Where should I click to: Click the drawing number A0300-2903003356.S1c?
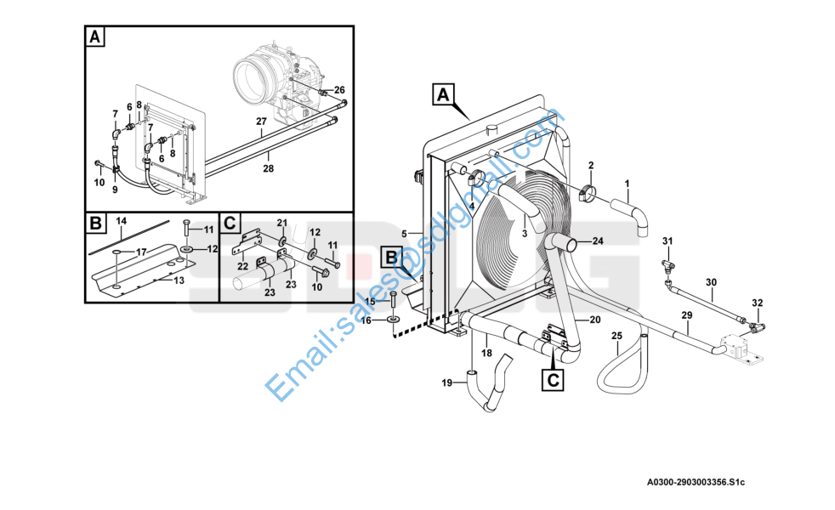(x=696, y=482)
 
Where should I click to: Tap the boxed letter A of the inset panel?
(x=94, y=37)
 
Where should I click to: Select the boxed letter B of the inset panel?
(x=95, y=223)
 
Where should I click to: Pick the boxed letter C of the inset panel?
(x=230, y=223)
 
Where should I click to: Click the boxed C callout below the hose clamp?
(x=553, y=380)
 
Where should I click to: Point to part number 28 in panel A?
(x=269, y=168)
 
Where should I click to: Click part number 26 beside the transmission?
(x=339, y=90)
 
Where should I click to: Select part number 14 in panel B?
(x=122, y=221)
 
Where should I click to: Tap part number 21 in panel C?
(x=281, y=223)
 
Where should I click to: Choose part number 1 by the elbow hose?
(x=627, y=184)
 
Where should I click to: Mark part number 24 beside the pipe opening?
(x=598, y=241)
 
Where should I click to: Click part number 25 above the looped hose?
(x=616, y=336)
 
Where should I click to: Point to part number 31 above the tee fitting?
(x=667, y=241)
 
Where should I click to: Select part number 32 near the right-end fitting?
(x=758, y=303)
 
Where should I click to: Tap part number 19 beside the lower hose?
(x=446, y=382)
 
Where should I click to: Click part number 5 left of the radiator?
(x=404, y=234)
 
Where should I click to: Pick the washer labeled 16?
(x=394, y=320)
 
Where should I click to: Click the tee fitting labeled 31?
(x=667, y=264)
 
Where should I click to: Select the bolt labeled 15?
(x=393, y=302)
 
